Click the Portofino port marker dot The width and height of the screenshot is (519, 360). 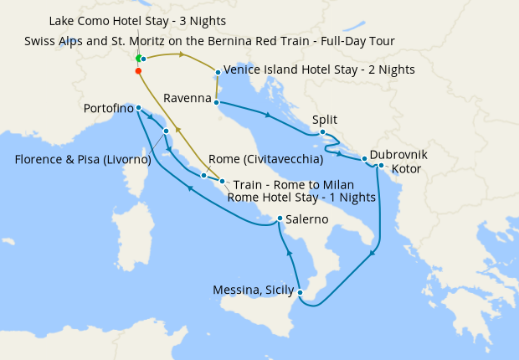pyautogui.click(x=139, y=108)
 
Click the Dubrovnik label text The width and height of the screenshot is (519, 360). pyautogui.click(x=398, y=155)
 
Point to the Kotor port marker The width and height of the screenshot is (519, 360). pyautogui.click(x=381, y=165)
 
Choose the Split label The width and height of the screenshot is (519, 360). pyautogui.click(x=324, y=120)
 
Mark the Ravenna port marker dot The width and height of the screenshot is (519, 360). pyautogui.click(x=217, y=103)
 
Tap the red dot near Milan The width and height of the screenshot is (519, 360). pyautogui.click(x=138, y=71)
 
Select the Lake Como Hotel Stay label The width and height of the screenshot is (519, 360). pyautogui.click(x=137, y=20)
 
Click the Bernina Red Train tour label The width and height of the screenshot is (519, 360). pyautogui.click(x=209, y=40)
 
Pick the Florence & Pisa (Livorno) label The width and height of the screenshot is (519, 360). pyautogui.click(x=82, y=159)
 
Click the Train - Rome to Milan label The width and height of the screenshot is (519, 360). pyautogui.click(x=293, y=184)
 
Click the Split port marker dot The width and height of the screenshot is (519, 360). pyautogui.click(x=322, y=131)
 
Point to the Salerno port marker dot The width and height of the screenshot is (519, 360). pyautogui.click(x=280, y=219)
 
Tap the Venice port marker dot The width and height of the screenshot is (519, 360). pyautogui.click(x=218, y=72)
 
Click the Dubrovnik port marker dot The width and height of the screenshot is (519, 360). pyautogui.click(x=364, y=158)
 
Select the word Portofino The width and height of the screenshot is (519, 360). pyautogui.click(x=109, y=108)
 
